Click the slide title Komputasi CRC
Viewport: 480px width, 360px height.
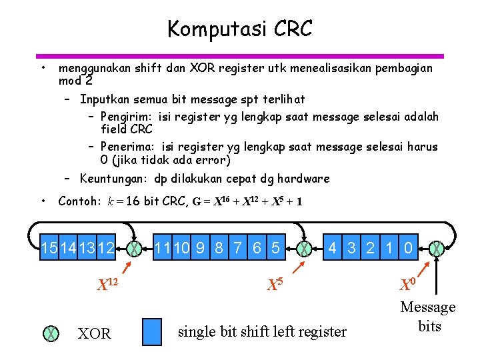tap(239, 29)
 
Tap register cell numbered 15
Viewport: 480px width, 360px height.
tap(49, 249)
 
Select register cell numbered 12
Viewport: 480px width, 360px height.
tap(106, 249)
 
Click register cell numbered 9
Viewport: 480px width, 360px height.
tap(199, 249)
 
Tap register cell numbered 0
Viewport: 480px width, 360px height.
tap(408, 249)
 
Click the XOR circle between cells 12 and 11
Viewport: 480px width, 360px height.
tap(135, 249)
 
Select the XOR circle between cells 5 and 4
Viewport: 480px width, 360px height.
tap(304, 249)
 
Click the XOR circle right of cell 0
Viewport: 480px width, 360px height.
tap(437, 249)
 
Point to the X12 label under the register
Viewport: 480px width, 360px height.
tap(107, 285)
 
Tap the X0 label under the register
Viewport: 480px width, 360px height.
tap(408, 285)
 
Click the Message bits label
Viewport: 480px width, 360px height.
tap(428, 317)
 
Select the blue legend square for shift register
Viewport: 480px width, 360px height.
tap(153, 331)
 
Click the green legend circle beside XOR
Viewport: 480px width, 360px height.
tap(50, 333)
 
